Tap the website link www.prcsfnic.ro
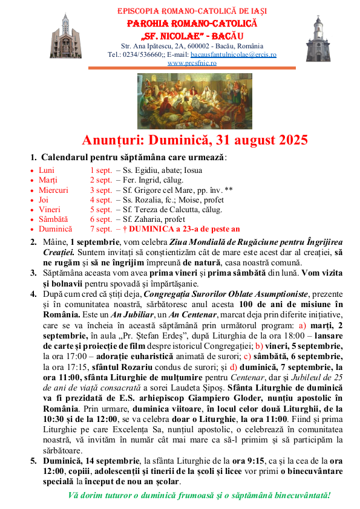[x=192, y=63]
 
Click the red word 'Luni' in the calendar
[x=47, y=170]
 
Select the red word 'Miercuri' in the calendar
[x=53, y=190]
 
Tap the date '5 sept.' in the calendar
[x=100, y=210]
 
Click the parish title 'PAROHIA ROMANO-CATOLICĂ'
[x=192, y=23]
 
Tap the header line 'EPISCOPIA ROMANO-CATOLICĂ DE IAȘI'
[x=192, y=11]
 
